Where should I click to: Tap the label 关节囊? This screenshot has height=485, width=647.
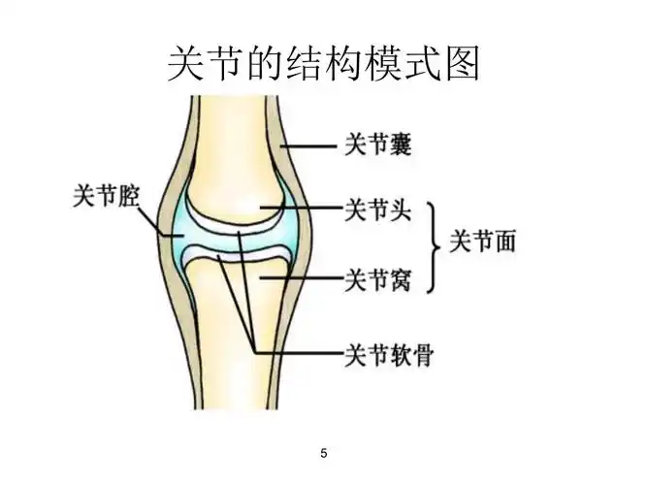[378, 146]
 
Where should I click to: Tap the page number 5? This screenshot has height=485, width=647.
[323, 453]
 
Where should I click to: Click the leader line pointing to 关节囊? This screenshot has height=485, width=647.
[308, 147]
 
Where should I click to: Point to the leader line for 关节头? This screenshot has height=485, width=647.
[301, 209]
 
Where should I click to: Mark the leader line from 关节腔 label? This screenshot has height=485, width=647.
[155, 219]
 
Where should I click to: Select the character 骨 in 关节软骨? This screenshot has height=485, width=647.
[421, 354]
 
